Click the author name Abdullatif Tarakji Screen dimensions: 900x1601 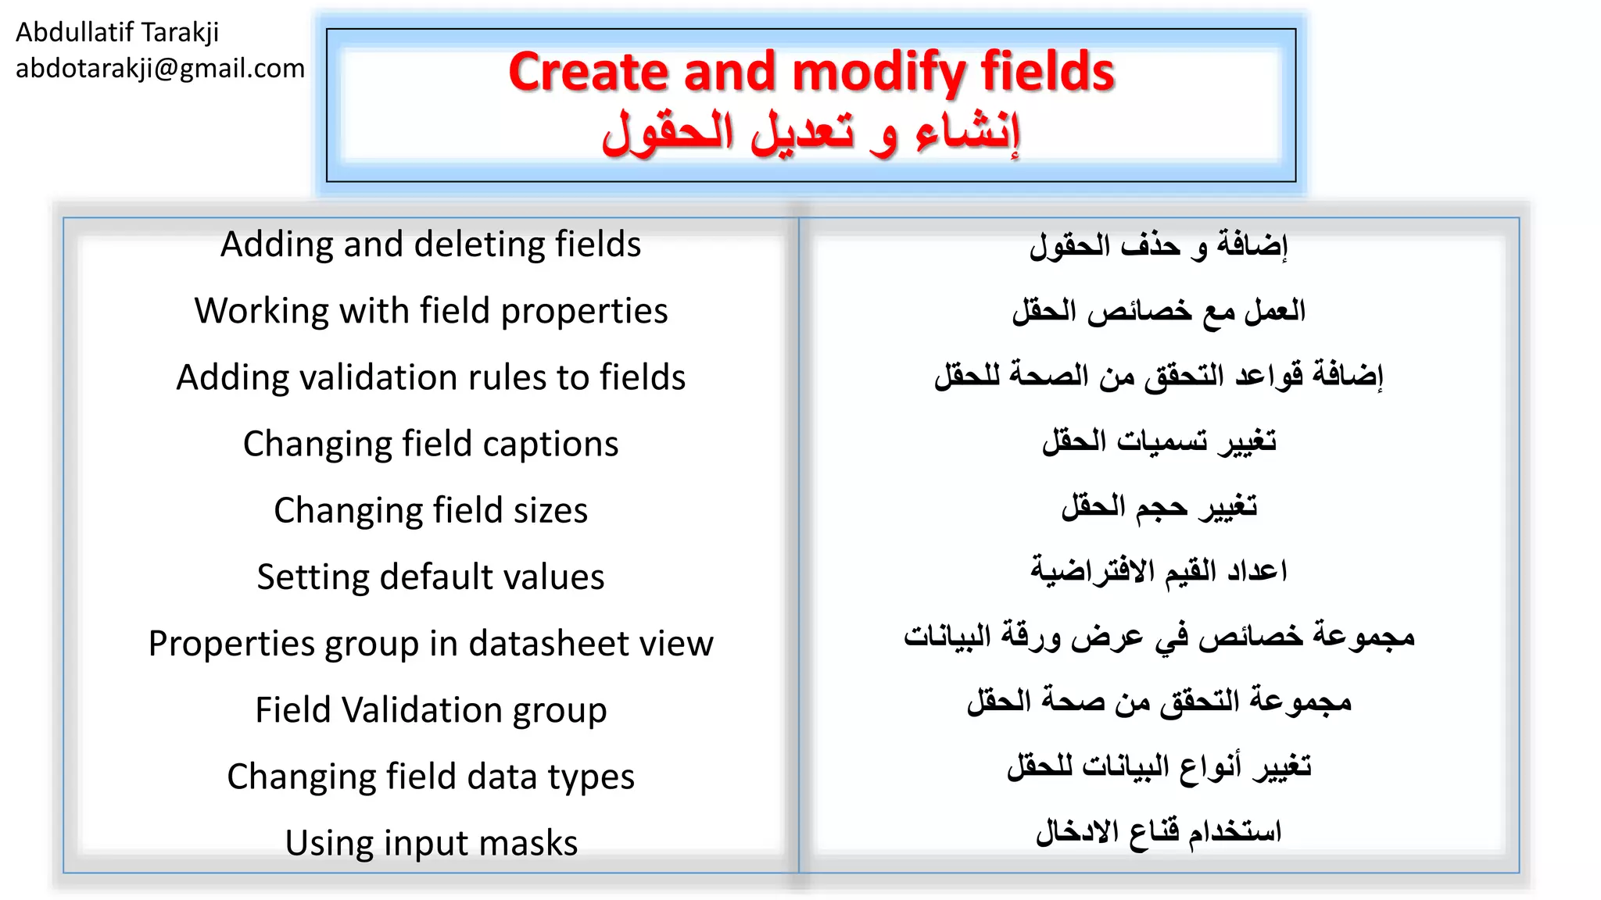point(117,32)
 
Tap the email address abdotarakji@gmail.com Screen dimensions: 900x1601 point(160,69)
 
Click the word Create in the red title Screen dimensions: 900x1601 point(588,72)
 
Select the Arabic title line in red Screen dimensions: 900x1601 point(811,133)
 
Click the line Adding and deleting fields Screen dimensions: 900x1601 point(431,245)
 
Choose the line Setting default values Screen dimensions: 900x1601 point(431,577)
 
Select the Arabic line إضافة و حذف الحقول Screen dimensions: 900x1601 point(1159,245)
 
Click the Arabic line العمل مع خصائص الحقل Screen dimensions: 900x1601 point(1159,311)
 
